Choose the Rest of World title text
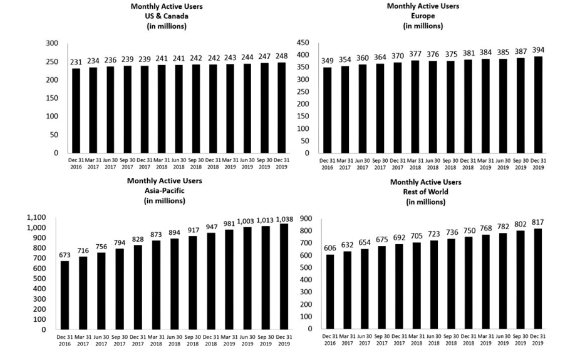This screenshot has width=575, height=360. (x=425, y=192)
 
